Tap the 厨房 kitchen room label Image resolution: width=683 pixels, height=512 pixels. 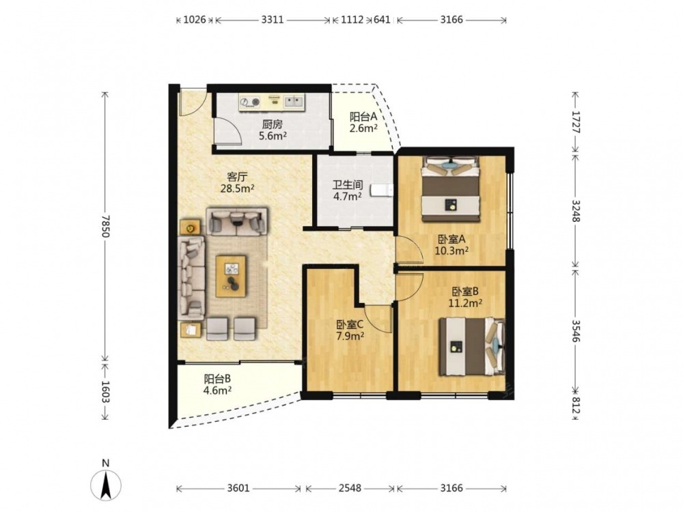click(x=273, y=124)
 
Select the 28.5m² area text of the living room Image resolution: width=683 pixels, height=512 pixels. click(x=238, y=188)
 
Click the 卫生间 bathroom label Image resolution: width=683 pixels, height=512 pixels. click(x=348, y=184)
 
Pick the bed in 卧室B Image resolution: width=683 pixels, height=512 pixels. click(x=472, y=347)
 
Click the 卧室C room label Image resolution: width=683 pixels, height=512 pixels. click(x=350, y=325)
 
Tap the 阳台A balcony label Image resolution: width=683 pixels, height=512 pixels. click(x=363, y=117)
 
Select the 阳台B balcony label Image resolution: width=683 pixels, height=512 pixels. click(x=217, y=379)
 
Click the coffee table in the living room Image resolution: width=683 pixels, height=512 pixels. click(x=231, y=276)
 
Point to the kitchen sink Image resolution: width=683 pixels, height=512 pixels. click(x=294, y=102)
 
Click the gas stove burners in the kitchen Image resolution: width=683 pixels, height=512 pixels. click(x=250, y=102)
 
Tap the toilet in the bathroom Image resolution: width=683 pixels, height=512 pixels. click(x=382, y=190)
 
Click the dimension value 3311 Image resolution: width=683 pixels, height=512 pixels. click(x=273, y=20)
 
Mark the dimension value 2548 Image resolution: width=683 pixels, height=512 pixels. click(x=350, y=488)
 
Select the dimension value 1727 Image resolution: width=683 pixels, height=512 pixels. click(x=576, y=122)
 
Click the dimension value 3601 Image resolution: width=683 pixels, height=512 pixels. click(x=238, y=488)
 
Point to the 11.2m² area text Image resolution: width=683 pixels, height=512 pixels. click(x=465, y=303)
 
